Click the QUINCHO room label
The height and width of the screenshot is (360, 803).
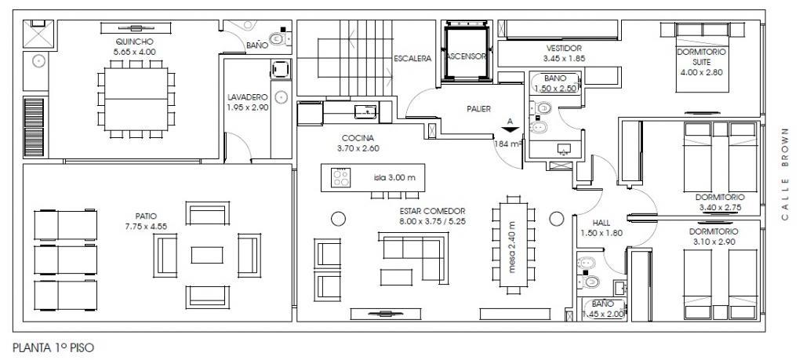click(134, 42)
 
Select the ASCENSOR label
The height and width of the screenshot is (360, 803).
click(466, 56)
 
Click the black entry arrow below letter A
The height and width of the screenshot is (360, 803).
click(510, 130)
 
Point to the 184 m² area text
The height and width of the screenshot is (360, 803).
click(508, 144)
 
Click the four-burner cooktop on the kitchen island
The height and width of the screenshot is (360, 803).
click(340, 177)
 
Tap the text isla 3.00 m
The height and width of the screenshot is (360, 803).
click(394, 178)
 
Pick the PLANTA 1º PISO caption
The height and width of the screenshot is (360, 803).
click(53, 347)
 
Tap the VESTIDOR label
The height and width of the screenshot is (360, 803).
click(564, 48)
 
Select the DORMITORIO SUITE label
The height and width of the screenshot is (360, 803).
click(701, 56)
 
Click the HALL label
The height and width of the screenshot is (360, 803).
click(601, 223)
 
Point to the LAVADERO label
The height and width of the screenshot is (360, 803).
click(248, 96)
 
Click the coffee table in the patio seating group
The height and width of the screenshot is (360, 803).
click(207, 255)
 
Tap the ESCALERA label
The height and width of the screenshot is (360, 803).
click(412, 58)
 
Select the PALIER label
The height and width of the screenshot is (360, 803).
click(478, 108)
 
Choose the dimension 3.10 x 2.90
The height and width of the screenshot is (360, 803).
click(714, 242)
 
